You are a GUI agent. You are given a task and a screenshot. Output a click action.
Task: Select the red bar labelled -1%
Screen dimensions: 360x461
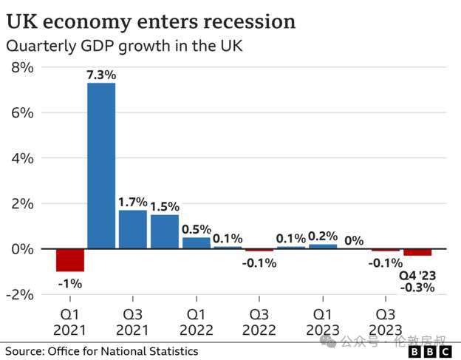70,260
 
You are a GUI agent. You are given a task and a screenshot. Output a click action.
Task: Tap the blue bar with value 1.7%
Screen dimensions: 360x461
133,229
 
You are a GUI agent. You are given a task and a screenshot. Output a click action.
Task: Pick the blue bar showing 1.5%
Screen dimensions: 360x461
164,231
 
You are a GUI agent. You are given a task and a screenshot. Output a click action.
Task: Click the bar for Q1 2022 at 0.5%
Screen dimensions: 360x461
196,242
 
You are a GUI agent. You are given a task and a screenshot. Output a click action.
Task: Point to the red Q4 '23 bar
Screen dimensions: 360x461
417,252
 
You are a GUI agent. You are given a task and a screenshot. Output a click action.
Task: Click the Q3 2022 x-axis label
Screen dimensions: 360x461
259,321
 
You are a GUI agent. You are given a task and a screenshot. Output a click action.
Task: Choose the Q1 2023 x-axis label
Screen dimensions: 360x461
323,321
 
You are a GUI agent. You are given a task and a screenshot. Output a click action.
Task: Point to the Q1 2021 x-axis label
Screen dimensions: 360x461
70,321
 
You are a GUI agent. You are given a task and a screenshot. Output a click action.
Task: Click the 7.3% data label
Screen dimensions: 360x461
101,75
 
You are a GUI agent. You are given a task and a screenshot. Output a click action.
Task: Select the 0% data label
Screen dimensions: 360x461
354,240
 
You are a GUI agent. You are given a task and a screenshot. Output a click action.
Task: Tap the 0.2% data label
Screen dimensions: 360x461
323,236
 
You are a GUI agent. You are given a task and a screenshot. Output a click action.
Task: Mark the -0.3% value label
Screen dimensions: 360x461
417,288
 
